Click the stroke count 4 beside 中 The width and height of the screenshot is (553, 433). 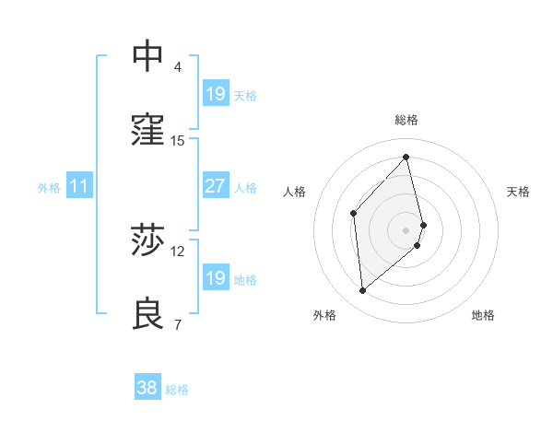pos(178,67)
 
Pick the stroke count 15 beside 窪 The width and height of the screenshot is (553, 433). pos(178,141)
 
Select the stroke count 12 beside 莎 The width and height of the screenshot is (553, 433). pos(178,251)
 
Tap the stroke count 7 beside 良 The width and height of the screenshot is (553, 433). pos(178,324)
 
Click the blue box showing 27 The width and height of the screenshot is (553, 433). pos(215,186)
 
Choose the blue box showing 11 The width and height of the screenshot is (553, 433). pos(78,187)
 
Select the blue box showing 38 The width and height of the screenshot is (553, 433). pos(147,388)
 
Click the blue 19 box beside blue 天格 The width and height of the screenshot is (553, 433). pos(215,94)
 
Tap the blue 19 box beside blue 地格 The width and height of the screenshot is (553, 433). pos(215,278)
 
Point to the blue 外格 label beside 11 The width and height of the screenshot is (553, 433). pos(49,188)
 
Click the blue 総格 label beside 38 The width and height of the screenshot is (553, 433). pos(177,390)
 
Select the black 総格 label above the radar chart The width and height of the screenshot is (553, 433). pos(406,120)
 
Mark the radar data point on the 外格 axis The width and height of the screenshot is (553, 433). pos(363,291)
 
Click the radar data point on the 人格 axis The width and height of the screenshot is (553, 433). pos(353,214)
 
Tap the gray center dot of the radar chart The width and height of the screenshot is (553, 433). pos(406,229)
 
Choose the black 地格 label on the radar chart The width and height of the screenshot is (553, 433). pos(483,315)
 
